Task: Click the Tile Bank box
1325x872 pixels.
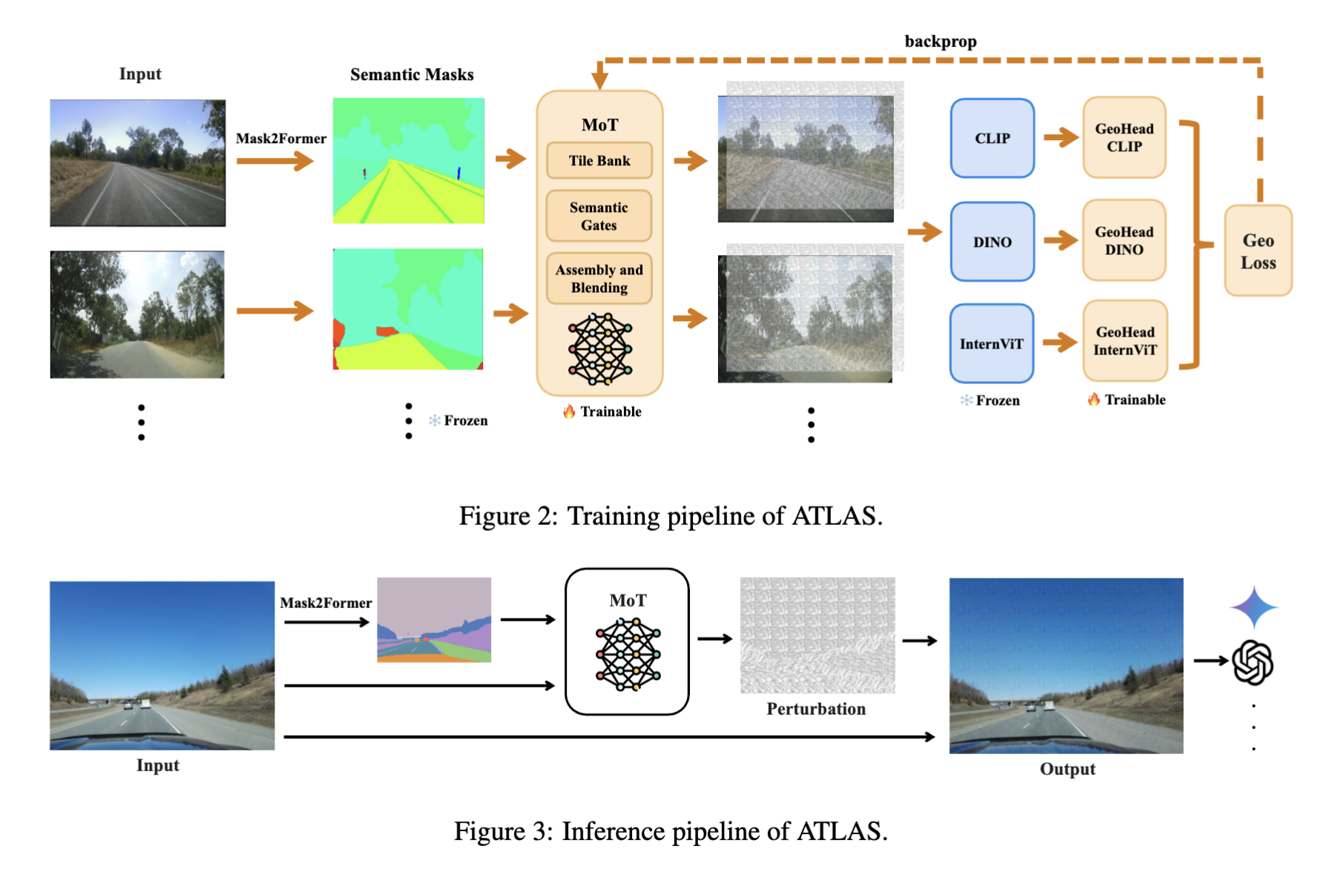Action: pos(599,161)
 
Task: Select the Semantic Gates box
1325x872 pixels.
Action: pos(599,216)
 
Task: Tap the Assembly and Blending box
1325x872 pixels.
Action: pos(599,279)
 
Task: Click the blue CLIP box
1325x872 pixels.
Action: pos(992,139)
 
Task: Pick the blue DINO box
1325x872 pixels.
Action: pos(992,242)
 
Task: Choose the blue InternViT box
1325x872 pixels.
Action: pos(991,343)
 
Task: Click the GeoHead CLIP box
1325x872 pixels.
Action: pos(1124,138)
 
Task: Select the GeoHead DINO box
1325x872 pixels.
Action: pos(1124,240)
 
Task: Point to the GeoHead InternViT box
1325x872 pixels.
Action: pos(1125,341)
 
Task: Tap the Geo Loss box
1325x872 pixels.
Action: pos(1258,251)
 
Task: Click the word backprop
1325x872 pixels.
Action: pos(940,42)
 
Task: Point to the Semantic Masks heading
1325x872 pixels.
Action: pos(412,74)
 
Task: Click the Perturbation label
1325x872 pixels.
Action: pos(816,709)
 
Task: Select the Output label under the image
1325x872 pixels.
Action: pos(1067,769)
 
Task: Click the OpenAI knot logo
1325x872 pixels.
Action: pos(1252,662)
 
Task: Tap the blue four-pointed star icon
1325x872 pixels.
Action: pos(1254,607)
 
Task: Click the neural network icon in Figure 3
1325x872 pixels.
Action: pos(628,655)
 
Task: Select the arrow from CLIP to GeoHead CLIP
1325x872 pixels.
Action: pos(1060,137)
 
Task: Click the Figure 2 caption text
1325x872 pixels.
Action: pos(671,515)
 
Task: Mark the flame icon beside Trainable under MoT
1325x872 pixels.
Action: pos(569,412)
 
